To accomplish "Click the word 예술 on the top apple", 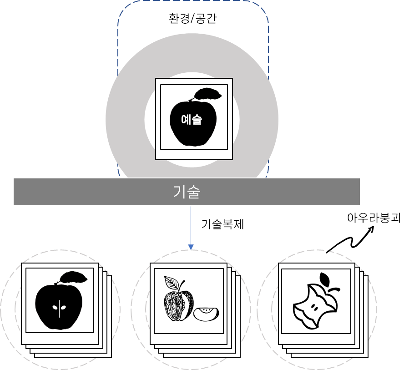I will [x=192, y=120].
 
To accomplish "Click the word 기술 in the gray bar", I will [x=187, y=192].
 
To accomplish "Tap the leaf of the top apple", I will [x=208, y=94].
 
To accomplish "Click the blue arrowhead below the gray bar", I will [x=191, y=247].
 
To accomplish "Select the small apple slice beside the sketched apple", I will [x=206, y=313].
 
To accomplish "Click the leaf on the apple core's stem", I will [x=325, y=278].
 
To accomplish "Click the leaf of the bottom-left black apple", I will [x=74, y=277].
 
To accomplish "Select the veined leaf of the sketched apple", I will [x=172, y=283].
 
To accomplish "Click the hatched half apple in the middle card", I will [x=179, y=305].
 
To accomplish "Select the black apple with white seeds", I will [x=59, y=305].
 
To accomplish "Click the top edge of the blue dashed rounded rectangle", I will [x=193, y=1].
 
